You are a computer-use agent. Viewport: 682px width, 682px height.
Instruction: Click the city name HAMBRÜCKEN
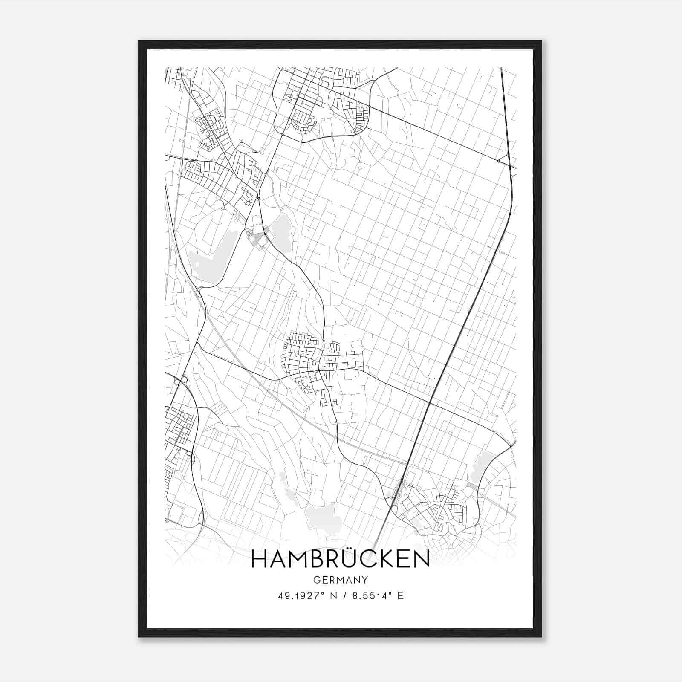pyautogui.click(x=340, y=559)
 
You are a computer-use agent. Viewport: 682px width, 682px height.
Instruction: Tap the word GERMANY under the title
pyautogui.click(x=340, y=580)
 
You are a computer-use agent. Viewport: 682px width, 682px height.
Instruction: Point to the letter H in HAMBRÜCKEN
pyautogui.click(x=259, y=559)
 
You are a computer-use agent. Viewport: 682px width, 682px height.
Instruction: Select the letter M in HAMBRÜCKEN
pyautogui.click(x=299, y=559)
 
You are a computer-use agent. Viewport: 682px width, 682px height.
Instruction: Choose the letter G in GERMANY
pyautogui.click(x=316, y=580)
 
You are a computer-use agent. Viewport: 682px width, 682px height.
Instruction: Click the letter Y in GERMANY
pyautogui.click(x=365, y=580)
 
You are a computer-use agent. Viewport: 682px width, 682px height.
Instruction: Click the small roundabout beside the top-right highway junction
pyautogui.click(x=498, y=160)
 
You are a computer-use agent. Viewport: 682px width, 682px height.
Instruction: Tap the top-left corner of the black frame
pyautogui.click(x=139, y=42)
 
